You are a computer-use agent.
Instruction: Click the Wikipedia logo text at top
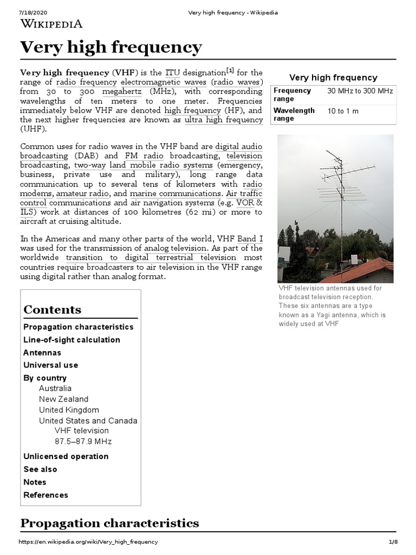51,23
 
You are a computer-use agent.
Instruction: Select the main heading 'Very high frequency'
110,48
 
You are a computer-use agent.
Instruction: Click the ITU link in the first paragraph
172,73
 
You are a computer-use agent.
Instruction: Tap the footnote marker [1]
230,70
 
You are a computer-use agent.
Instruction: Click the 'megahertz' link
122,92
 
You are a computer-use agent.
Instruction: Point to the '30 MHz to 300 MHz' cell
360,91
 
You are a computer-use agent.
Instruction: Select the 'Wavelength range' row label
294,114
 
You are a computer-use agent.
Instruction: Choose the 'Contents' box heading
53,309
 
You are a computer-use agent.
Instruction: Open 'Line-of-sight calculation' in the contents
71,340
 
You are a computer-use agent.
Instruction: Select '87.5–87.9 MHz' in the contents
83,441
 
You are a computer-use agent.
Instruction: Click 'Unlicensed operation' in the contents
66,456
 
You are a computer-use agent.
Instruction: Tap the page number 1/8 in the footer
393,542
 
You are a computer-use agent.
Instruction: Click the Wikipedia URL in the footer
89,542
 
